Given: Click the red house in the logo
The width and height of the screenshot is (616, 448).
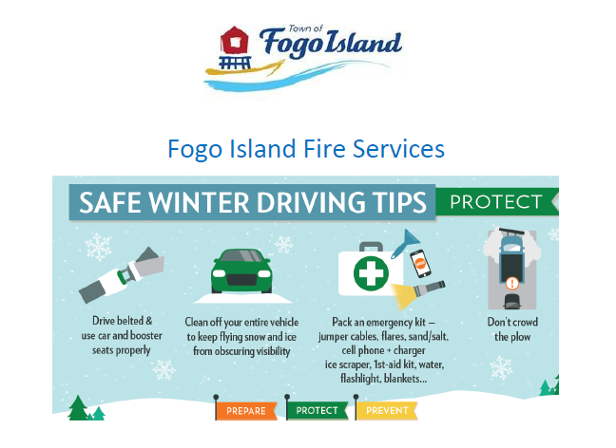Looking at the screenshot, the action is click(235, 41).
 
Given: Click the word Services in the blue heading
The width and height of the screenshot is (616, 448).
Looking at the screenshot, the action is click(398, 149).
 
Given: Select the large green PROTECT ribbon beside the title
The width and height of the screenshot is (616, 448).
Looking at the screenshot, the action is click(497, 202).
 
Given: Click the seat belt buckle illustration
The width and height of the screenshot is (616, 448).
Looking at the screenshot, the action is click(122, 275).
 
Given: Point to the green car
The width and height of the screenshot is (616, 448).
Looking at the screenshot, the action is click(241, 271).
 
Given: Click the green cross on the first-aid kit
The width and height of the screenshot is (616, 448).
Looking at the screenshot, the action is click(371, 273).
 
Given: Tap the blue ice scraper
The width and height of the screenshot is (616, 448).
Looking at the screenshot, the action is click(405, 244).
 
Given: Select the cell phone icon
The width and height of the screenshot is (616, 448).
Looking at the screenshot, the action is click(420, 264).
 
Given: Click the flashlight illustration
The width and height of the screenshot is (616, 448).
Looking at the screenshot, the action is click(418, 294).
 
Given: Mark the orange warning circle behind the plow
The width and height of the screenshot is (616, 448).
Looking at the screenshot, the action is click(511, 283).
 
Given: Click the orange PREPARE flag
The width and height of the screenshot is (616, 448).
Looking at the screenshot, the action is click(246, 411).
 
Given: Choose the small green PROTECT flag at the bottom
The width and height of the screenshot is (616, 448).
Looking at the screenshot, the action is click(318, 410).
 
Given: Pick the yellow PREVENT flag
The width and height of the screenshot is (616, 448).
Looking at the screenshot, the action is click(387, 410).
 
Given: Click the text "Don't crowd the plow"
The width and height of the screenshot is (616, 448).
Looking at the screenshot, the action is click(512, 329).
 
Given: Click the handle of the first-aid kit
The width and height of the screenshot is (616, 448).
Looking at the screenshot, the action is click(371, 247).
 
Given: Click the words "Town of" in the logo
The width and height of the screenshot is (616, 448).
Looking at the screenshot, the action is click(305, 28).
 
